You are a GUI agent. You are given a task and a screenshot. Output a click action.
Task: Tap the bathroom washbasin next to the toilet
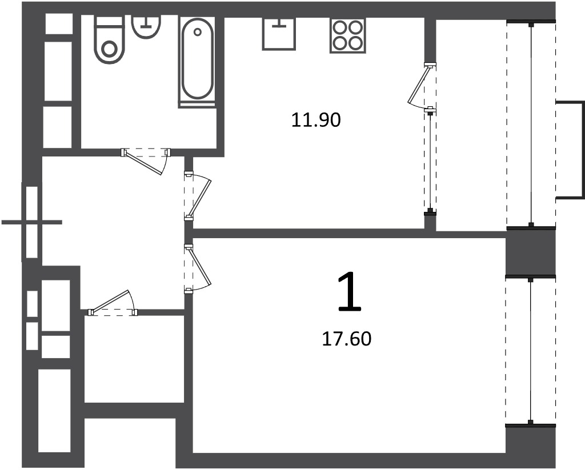point(147,26)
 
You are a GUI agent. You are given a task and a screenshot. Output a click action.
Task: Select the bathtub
point(197,61)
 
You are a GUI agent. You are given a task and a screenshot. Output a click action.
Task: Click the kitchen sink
point(279,33)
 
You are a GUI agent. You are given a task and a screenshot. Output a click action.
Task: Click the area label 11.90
point(316,120)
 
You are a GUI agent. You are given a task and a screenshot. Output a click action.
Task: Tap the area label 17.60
point(347,339)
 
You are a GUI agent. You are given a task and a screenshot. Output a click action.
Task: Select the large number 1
point(350,291)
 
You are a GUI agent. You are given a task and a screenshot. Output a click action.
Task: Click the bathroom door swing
point(146,161)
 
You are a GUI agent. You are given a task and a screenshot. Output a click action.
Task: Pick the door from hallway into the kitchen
point(197,195)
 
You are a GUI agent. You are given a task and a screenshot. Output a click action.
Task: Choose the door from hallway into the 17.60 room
point(197,268)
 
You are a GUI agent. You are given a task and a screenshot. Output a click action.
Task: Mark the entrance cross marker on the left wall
point(32,222)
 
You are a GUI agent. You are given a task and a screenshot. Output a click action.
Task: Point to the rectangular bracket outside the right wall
point(570,149)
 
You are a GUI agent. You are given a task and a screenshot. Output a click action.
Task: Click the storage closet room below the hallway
point(134,359)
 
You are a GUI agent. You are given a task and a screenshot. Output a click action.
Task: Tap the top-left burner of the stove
point(340,27)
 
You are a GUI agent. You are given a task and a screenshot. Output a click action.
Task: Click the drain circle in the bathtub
point(197,32)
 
